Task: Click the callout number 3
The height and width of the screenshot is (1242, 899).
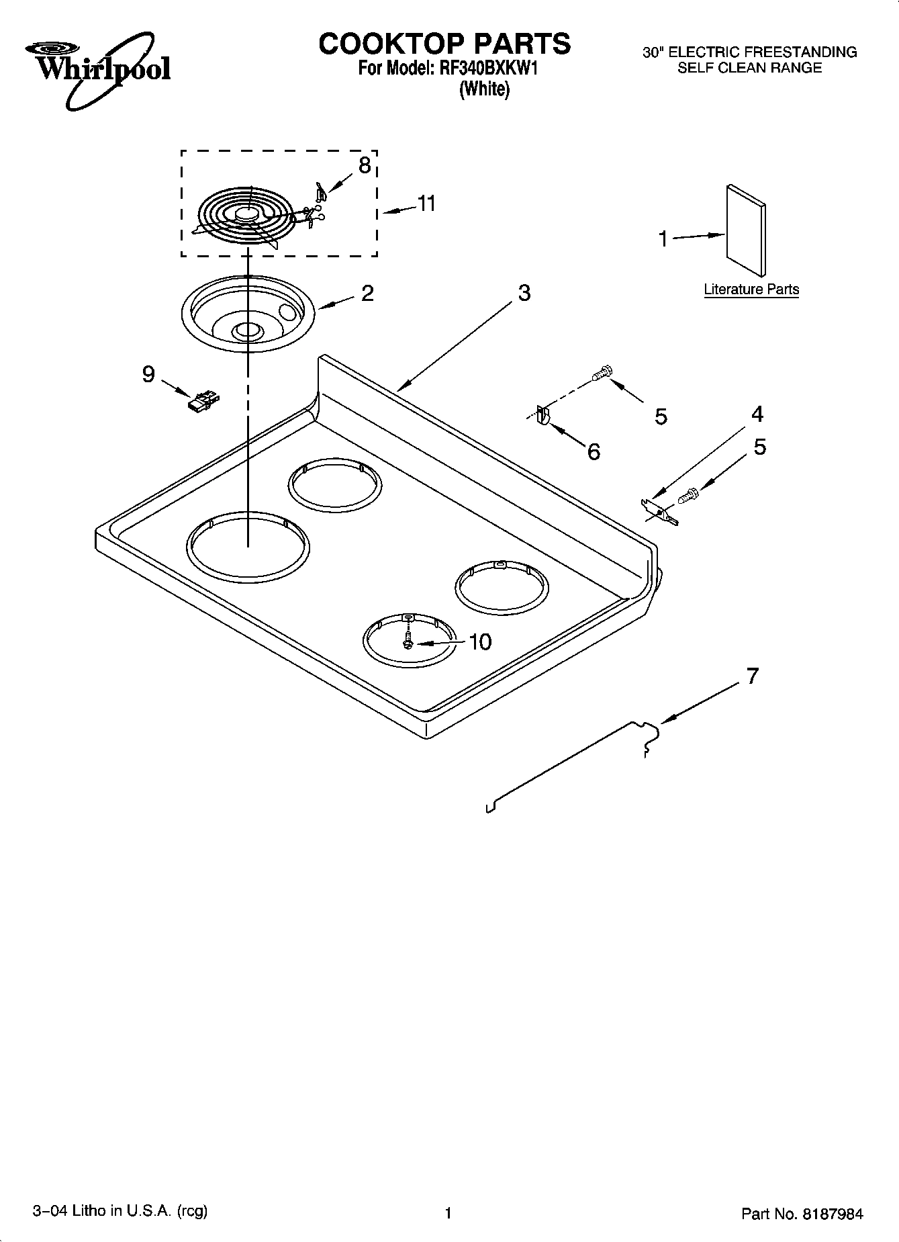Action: pos(524,293)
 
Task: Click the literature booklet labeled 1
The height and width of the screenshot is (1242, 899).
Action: pos(745,230)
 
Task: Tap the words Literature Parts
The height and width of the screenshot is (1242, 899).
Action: pos(751,290)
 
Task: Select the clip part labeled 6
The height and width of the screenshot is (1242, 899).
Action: pos(543,416)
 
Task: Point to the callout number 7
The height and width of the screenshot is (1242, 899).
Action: pos(752,675)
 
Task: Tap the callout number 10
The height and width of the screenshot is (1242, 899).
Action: pos(480,641)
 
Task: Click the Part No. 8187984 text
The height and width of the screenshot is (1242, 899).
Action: pos(802,1213)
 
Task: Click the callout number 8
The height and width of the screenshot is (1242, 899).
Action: pos(364,165)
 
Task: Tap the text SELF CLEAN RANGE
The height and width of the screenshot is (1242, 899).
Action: pos(749,68)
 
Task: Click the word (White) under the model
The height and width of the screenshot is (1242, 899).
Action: pos(483,89)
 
